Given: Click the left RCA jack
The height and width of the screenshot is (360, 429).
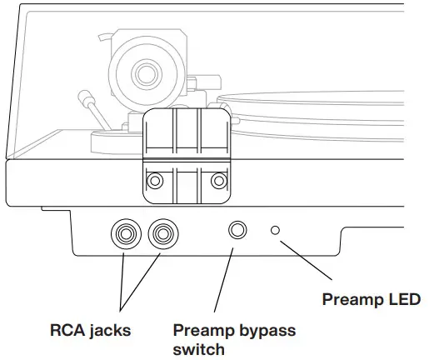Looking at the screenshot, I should tap(127, 235).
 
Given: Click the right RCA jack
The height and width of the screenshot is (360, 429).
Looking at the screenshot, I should tap(162, 235).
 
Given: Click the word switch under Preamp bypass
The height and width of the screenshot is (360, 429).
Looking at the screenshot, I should tap(198, 348).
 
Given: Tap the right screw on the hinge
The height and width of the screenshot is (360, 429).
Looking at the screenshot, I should tap(218, 180).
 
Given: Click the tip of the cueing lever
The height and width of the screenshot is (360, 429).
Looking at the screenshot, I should tap(84, 94).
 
